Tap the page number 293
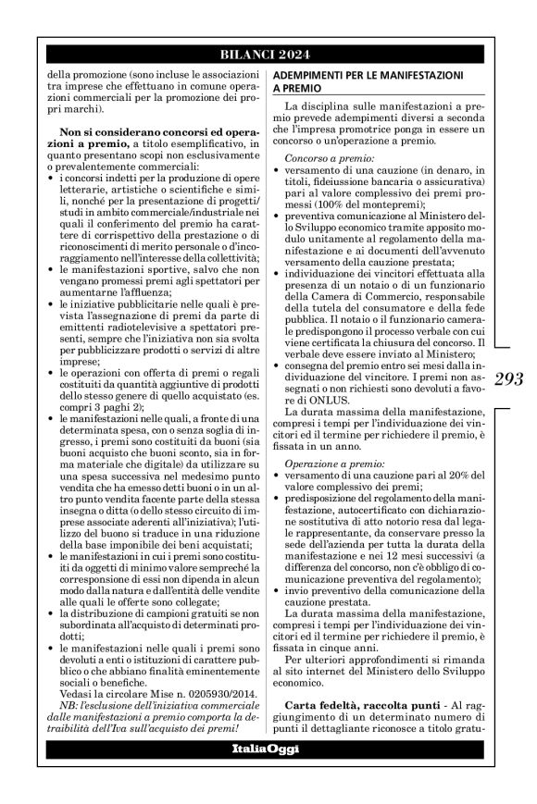coord(509,378)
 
